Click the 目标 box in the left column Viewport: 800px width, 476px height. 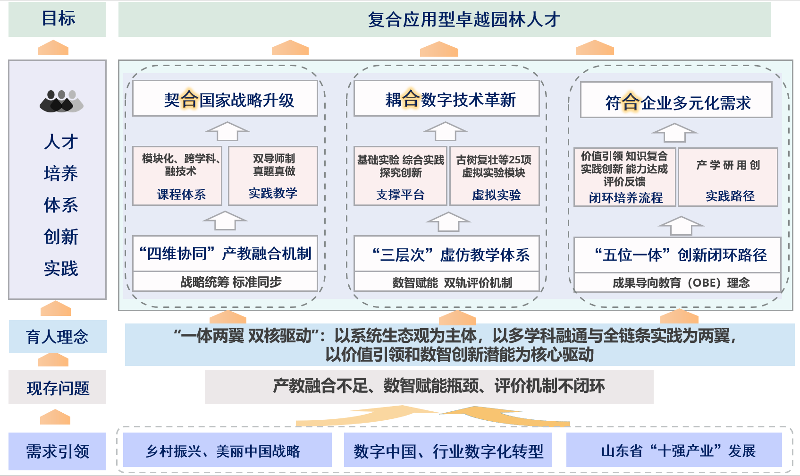57,19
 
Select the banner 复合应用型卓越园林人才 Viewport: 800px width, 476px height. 444,19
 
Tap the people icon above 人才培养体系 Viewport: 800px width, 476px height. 61,101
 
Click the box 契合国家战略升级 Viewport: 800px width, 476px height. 225,99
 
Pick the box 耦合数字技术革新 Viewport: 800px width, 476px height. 446,99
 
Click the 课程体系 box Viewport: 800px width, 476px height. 177,176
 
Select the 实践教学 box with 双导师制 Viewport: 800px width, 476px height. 273,176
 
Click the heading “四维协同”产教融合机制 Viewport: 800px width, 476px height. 225,254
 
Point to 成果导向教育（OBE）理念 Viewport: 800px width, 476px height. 677,283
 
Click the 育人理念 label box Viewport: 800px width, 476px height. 58,337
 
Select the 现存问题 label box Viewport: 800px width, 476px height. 57,388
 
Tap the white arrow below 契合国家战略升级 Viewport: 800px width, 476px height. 227,131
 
